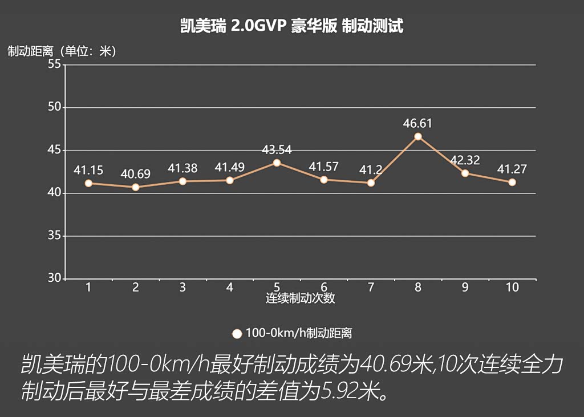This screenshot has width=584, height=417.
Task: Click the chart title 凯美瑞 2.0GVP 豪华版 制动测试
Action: tap(291, 26)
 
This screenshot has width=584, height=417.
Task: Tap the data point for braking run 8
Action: tap(418, 137)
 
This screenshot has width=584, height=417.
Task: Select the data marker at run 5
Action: tap(277, 163)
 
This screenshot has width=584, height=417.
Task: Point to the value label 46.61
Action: tap(418, 123)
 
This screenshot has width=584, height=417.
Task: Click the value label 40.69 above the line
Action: tap(135, 174)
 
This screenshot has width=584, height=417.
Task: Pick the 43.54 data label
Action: tap(277, 149)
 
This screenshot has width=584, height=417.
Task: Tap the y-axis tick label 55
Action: tap(54, 64)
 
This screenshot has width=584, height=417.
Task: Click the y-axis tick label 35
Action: tap(54, 236)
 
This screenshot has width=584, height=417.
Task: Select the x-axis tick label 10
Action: tap(512, 288)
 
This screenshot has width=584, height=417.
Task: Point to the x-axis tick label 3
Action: tap(182, 288)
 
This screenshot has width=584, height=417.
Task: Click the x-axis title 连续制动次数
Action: tap(300, 298)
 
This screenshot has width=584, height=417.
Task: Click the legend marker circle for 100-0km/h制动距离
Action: tap(237, 334)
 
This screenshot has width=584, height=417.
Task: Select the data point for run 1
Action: tap(88, 183)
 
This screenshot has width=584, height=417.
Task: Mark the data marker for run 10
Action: tap(512, 183)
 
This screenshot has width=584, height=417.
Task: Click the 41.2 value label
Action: tap(371, 169)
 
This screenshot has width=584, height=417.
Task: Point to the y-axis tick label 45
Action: tap(54, 150)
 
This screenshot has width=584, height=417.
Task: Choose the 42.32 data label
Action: tap(465, 160)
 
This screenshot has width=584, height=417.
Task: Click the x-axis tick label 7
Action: tap(371, 288)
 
